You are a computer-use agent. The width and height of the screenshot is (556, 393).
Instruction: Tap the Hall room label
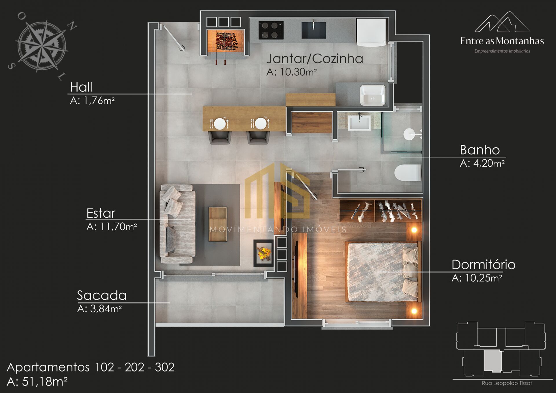click(81, 87)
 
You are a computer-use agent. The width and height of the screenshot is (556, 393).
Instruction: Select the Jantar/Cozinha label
click(315, 59)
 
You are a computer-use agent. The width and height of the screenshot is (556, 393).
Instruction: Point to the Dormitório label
click(483, 264)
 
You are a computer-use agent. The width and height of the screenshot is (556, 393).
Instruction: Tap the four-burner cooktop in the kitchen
click(271, 30)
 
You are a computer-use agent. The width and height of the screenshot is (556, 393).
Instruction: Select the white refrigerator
click(371, 32)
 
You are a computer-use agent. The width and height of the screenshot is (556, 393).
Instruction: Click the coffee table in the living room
click(218, 224)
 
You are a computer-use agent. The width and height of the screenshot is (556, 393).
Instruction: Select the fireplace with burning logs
click(264, 253)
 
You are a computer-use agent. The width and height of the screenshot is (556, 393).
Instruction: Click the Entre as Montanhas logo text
click(502, 41)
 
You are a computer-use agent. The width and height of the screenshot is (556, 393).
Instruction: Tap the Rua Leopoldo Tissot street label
click(507, 383)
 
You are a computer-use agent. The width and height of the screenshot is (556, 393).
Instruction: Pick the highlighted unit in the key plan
click(493, 361)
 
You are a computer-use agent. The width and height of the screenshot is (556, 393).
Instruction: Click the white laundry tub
click(373, 95)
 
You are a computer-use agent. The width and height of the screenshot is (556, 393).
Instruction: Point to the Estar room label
click(101, 213)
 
